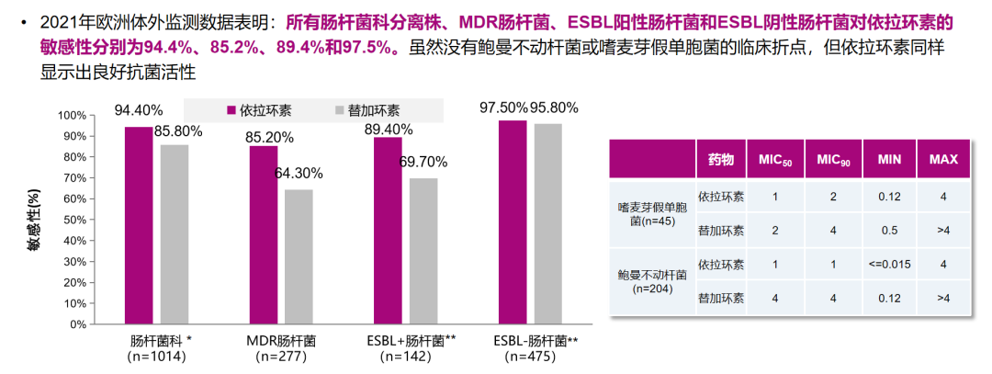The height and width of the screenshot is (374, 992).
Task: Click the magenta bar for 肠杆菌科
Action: pyautogui.click(x=139, y=225)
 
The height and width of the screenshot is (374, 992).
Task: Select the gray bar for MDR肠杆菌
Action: pyautogui.click(x=299, y=256)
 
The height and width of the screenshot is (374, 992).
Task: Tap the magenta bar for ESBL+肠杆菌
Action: pyautogui.click(x=388, y=230)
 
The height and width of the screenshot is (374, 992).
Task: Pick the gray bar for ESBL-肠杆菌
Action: pyautogui.click(x=547, y=223)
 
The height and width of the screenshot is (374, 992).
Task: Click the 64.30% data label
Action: pyautogui.click(x=298, y=173)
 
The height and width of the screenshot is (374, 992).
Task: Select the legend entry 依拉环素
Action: pyautogui.click(x=259, y=110)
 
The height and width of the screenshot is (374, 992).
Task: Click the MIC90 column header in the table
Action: pyautogui.click(x=834, y=160)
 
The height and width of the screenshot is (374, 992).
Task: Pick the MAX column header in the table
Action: pyautogui.click(x=942, y=160)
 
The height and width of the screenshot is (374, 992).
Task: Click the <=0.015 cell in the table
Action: pyautogui.click(x=888, y=265)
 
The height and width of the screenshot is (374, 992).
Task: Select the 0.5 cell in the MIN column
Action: pyautogui.click(x=888, y=231)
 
